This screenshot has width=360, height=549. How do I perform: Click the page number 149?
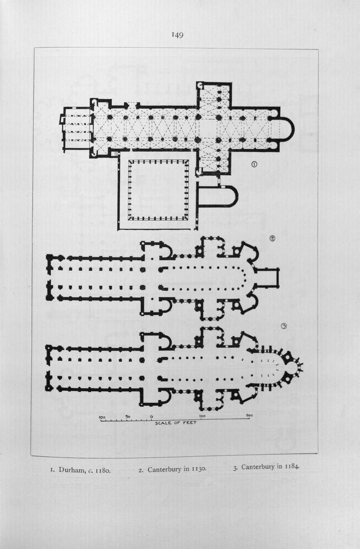(x=177, y=35)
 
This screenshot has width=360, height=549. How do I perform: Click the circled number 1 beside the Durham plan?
(x=254, y=165)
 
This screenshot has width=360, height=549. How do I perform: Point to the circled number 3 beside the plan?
(x=284, y=326)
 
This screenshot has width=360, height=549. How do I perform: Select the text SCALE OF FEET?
(x=176, y=423)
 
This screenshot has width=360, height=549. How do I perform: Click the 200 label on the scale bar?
(x=249, y=415)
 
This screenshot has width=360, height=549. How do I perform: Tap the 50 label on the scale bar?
(x=128, y=417)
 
